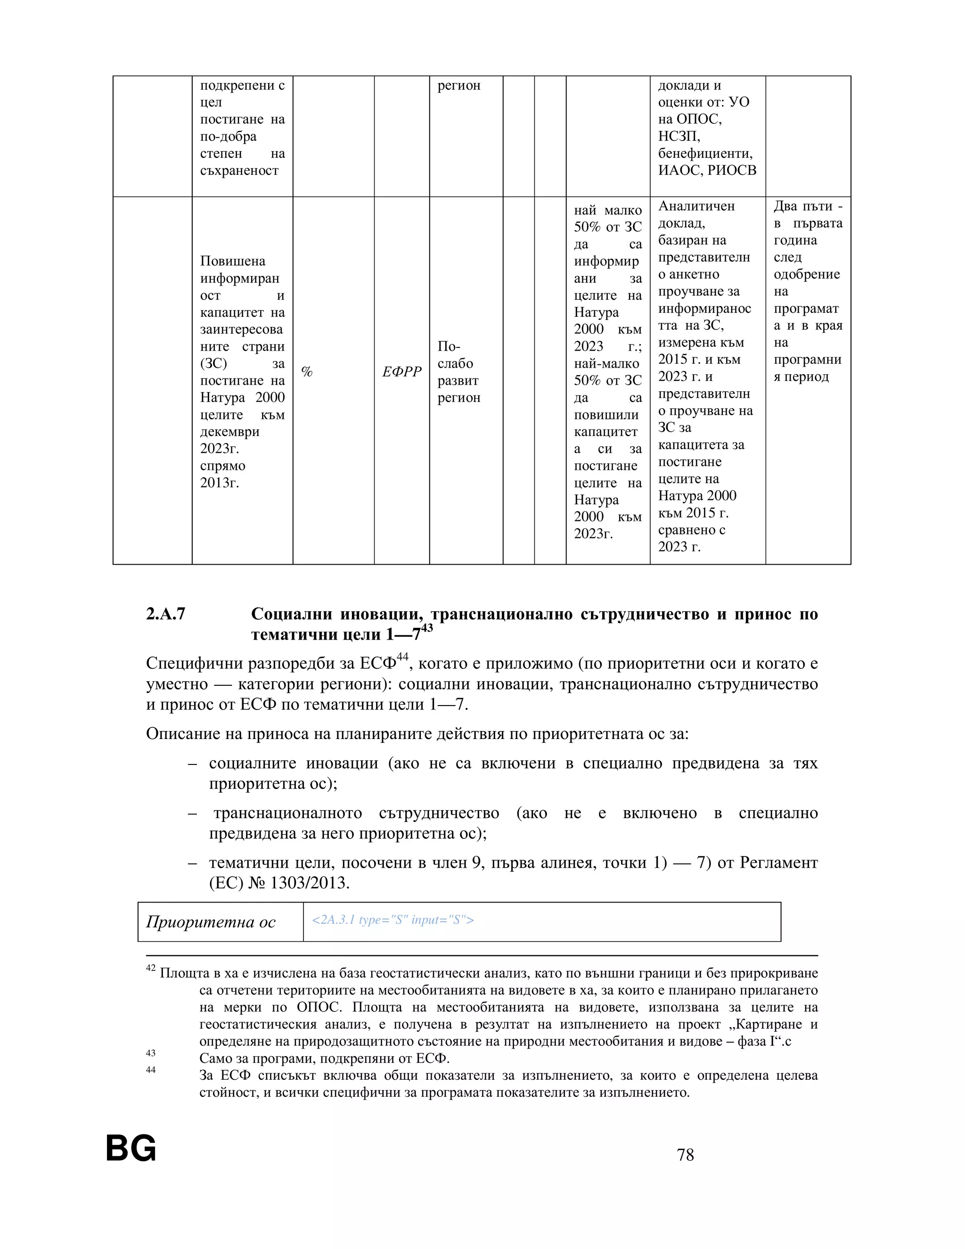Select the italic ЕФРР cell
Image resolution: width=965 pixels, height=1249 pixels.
coord(401,372)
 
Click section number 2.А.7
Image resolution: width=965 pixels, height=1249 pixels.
coord(166,614)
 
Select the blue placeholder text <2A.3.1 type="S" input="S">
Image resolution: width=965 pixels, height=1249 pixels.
coord(393,920)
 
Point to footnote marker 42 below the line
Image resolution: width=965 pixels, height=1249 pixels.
coord(150,968)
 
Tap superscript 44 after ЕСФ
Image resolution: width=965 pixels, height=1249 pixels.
coord(402,657)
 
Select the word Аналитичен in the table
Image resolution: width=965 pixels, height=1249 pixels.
coord(696,206)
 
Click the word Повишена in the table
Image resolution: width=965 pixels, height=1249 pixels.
coord(233,262)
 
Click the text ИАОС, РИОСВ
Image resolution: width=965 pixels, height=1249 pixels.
coord(707,171)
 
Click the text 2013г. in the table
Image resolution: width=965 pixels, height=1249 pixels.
coord(220,483)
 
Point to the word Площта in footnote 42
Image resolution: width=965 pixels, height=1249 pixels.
coord(177,973)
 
